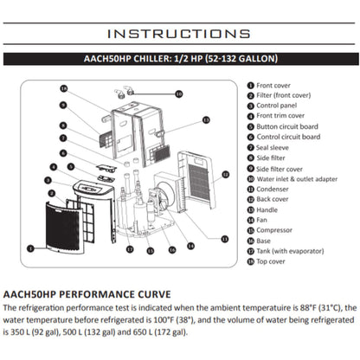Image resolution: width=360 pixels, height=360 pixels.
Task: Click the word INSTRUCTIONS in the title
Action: tap(179, 34)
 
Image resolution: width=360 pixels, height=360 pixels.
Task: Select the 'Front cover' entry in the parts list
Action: tap(275, 87)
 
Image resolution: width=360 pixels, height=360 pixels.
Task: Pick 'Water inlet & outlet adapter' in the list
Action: tap(299, 179)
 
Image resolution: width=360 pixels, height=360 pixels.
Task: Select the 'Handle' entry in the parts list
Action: tap(269, 210)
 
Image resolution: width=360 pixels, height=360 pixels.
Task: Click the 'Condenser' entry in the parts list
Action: tap(276, 190)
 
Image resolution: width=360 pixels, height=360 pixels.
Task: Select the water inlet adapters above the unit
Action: tap(130, 92)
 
